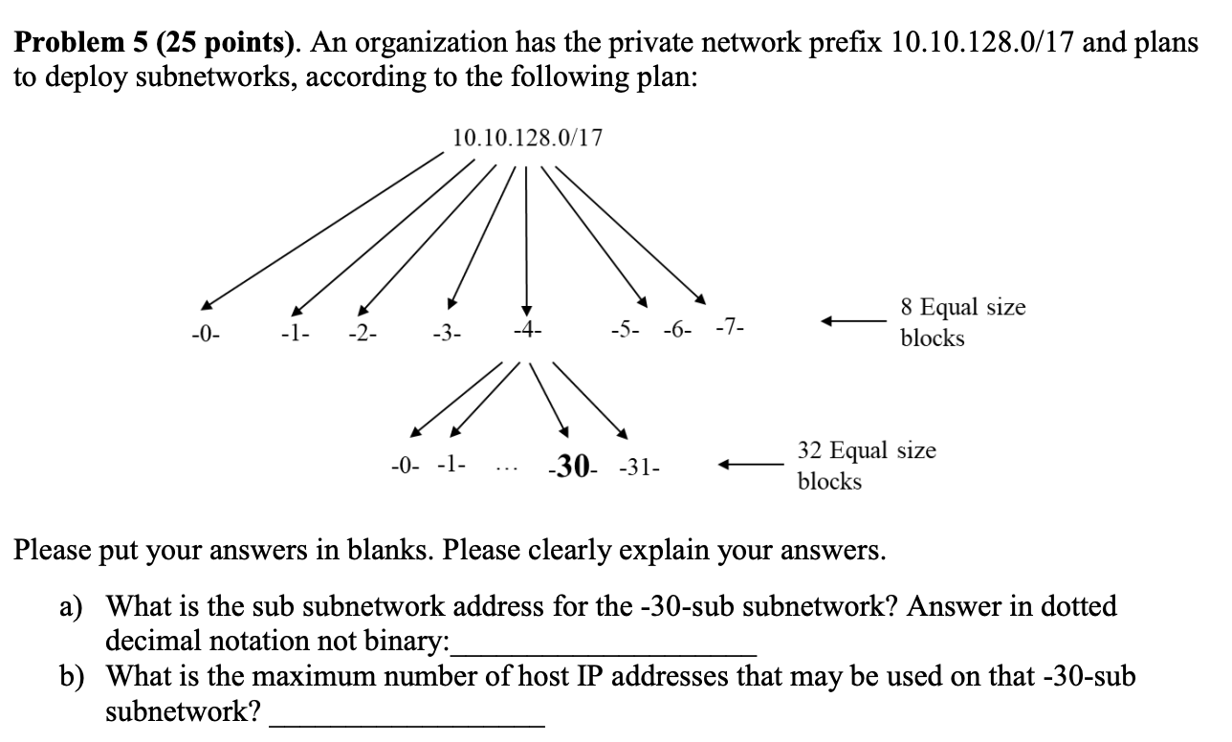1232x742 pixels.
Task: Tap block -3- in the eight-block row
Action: click(x=447, y=334)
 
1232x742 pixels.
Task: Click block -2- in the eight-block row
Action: click(x=363, y=334)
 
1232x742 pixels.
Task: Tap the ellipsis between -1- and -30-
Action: click(x=508, y=469)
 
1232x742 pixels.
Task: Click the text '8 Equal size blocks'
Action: click(x=961, y=322)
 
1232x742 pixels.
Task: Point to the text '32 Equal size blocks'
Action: click(x=866, y=465)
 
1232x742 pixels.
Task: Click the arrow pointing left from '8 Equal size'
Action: click(x=850, y=322)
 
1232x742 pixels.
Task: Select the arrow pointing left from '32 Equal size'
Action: click(x=751, y=466)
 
